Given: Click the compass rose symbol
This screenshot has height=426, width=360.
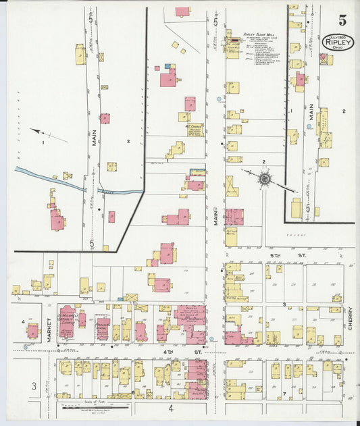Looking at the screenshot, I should pyautogui.click(x=265, y=179).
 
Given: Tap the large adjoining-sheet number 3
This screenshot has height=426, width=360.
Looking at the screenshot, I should pyautogui.click(x=33, y=386).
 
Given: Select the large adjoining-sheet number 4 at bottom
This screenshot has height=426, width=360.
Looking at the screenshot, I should pyautogui.click(x=172, y=408).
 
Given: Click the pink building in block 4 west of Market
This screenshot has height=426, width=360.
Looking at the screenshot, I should pyautogui.click(x=32, y=331).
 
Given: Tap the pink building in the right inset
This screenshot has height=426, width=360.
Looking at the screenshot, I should pyautogui.click(x=300, y=80).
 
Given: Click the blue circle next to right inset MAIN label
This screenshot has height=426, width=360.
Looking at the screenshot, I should pyautogui.click(x=309, y=126).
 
